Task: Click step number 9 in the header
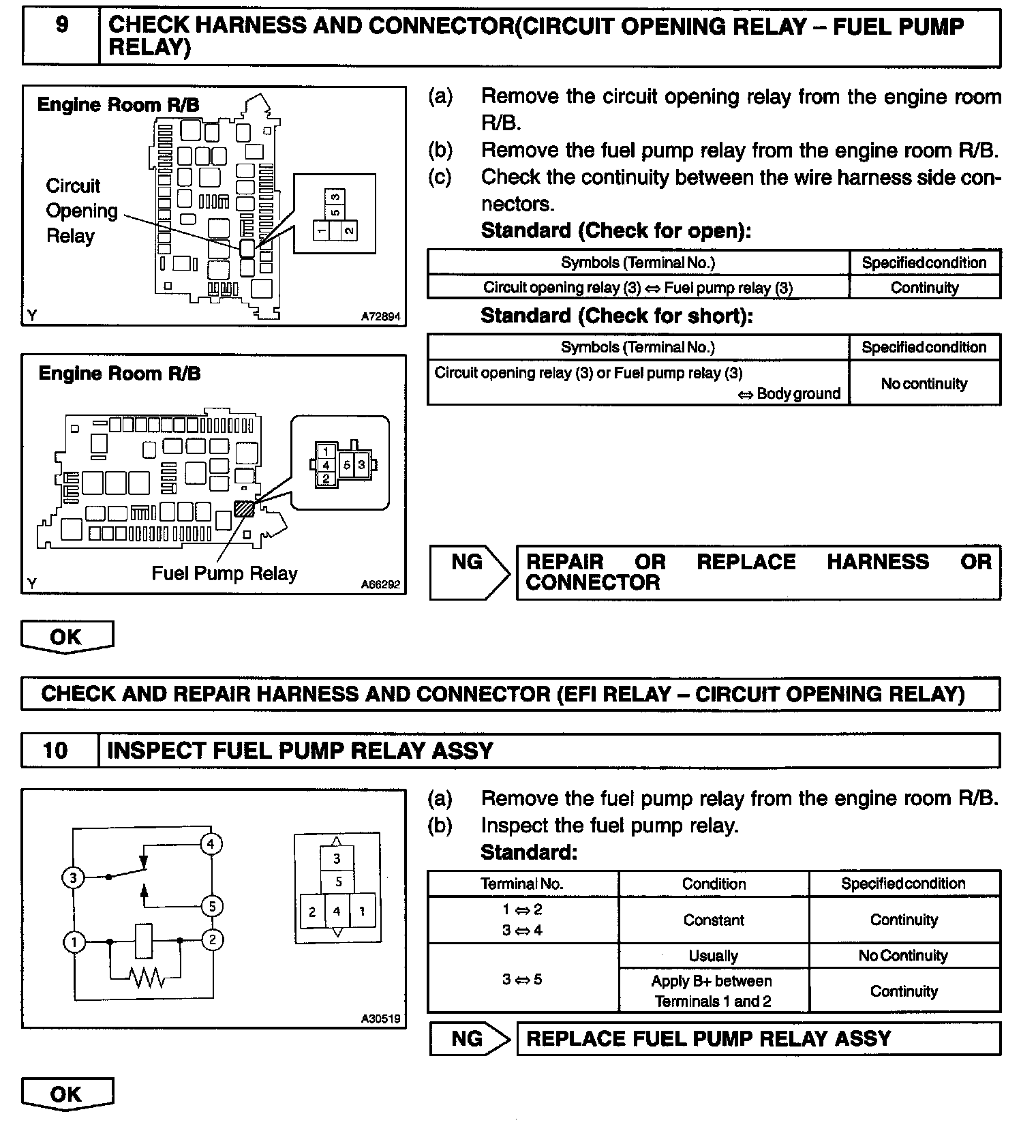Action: [x=61, y=26]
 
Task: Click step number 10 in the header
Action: [x=55, y=751]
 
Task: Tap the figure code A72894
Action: [x=381, y=317]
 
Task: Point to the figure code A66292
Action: [x=381, y=584]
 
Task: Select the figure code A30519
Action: [x=381, y=1019]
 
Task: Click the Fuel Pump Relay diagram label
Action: [x=224, y=573]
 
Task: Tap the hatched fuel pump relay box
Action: [x=244, y=509]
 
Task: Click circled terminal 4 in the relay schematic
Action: [x=211, y=844]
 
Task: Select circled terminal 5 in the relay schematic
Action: [x=212, y=906]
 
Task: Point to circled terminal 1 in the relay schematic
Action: [x=74, y=942]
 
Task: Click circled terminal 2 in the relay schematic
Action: [x=212, y=940]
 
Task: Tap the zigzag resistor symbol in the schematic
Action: [x=146, y=978]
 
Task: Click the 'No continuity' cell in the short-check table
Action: [x=924, y=384]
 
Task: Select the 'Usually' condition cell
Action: [x=713, y=956]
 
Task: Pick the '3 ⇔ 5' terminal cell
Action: [x=522, y=980]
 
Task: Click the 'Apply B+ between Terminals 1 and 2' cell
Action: [x=713, y=991]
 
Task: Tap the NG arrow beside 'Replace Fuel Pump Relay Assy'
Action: [x=470, y=1039]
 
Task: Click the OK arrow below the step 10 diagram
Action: [x=67, y=1094]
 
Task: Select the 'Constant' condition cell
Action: [x=713, y=920]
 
